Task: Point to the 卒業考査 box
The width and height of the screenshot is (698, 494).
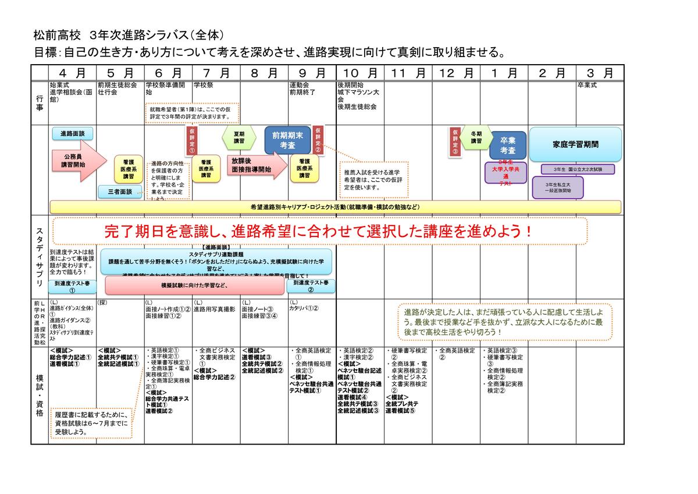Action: click(x=504, y=146)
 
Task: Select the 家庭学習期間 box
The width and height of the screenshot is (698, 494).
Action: click(x=575, y=144)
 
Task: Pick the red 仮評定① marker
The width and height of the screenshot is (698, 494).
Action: click(x=192, y=140)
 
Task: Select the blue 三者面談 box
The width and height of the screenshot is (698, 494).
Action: click(x=120, y=191)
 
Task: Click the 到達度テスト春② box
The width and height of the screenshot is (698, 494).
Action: click(x=311, y=285)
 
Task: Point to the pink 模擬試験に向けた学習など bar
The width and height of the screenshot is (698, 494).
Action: click(x=195, y=285)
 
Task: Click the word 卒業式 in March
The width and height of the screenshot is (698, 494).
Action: click(x=587, y=85)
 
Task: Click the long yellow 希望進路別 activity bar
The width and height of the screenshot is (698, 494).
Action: click(x=335, y=207)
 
